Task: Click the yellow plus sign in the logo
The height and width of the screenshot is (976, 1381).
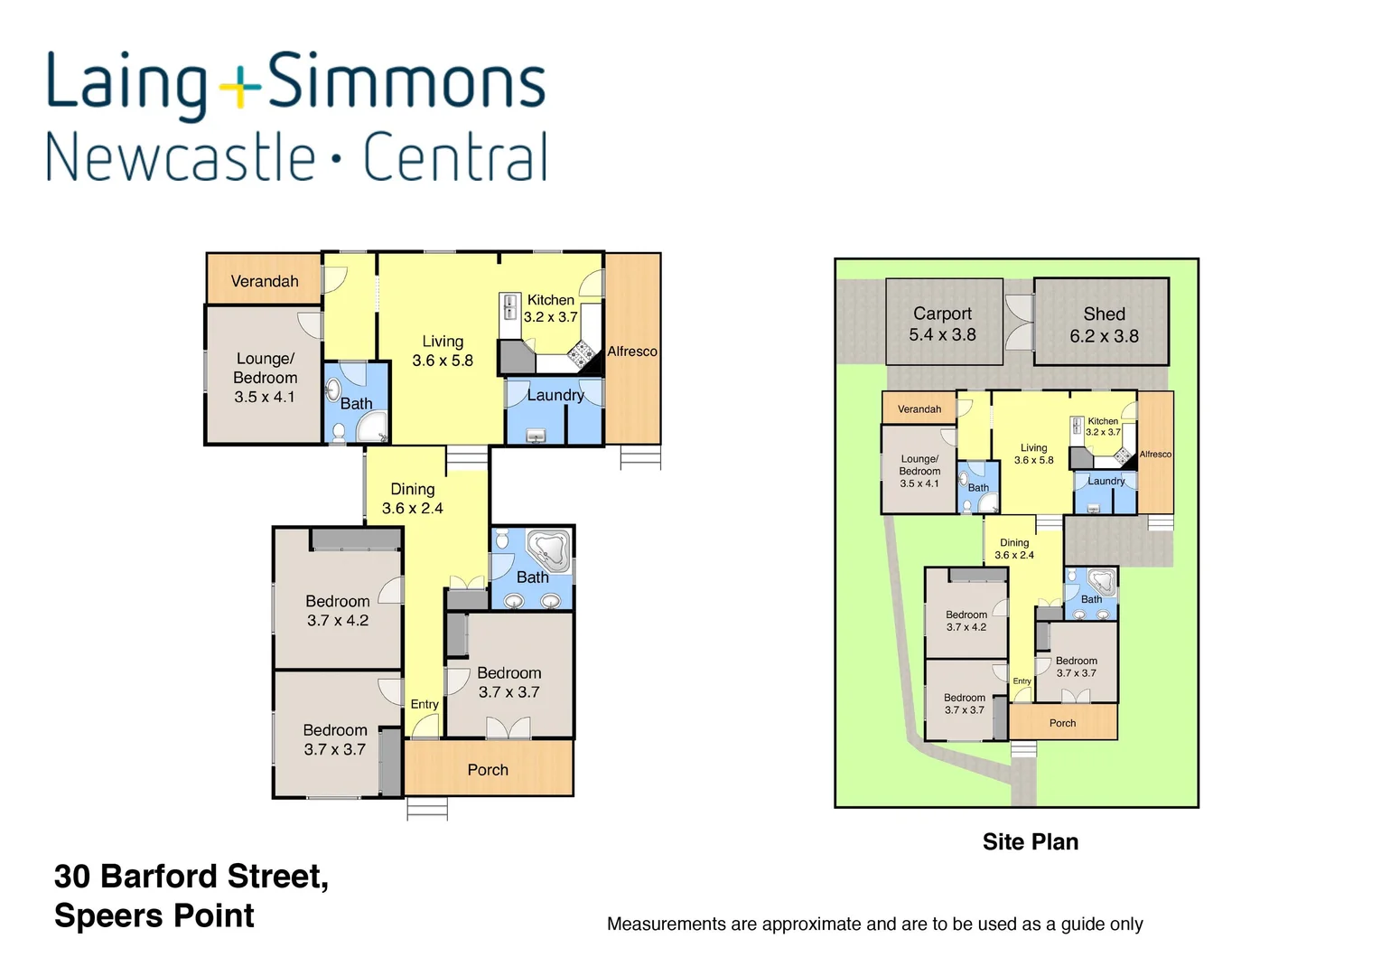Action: click(240, 87)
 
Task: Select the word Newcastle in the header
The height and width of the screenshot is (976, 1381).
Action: click(181, 157)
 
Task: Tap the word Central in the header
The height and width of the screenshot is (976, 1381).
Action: click(455, 157)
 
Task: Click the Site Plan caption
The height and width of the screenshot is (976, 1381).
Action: click(1030, 841)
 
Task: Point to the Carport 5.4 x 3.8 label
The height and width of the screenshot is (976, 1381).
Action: click(942, 324)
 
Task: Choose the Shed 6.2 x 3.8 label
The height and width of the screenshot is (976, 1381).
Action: click(1104, 324)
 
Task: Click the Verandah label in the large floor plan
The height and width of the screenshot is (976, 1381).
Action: click(264, 281)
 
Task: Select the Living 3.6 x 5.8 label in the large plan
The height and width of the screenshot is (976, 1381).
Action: click(442, 351)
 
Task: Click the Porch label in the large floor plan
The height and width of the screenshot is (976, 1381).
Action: click(488, 770)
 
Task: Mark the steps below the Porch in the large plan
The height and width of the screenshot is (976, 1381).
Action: click(427, 808)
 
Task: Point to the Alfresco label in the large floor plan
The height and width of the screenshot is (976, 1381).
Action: click(632, 351)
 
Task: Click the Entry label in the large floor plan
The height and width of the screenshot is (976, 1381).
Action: click(425, 704)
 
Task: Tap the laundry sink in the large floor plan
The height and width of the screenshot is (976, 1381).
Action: click(536, 436)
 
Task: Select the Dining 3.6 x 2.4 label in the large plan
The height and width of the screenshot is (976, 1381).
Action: click(412, 498)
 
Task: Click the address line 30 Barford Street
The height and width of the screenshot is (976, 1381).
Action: click(191, 876)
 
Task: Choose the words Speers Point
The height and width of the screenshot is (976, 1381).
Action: click(154, 915)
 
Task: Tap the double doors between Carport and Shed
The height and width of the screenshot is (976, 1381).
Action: click(1019, 321)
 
